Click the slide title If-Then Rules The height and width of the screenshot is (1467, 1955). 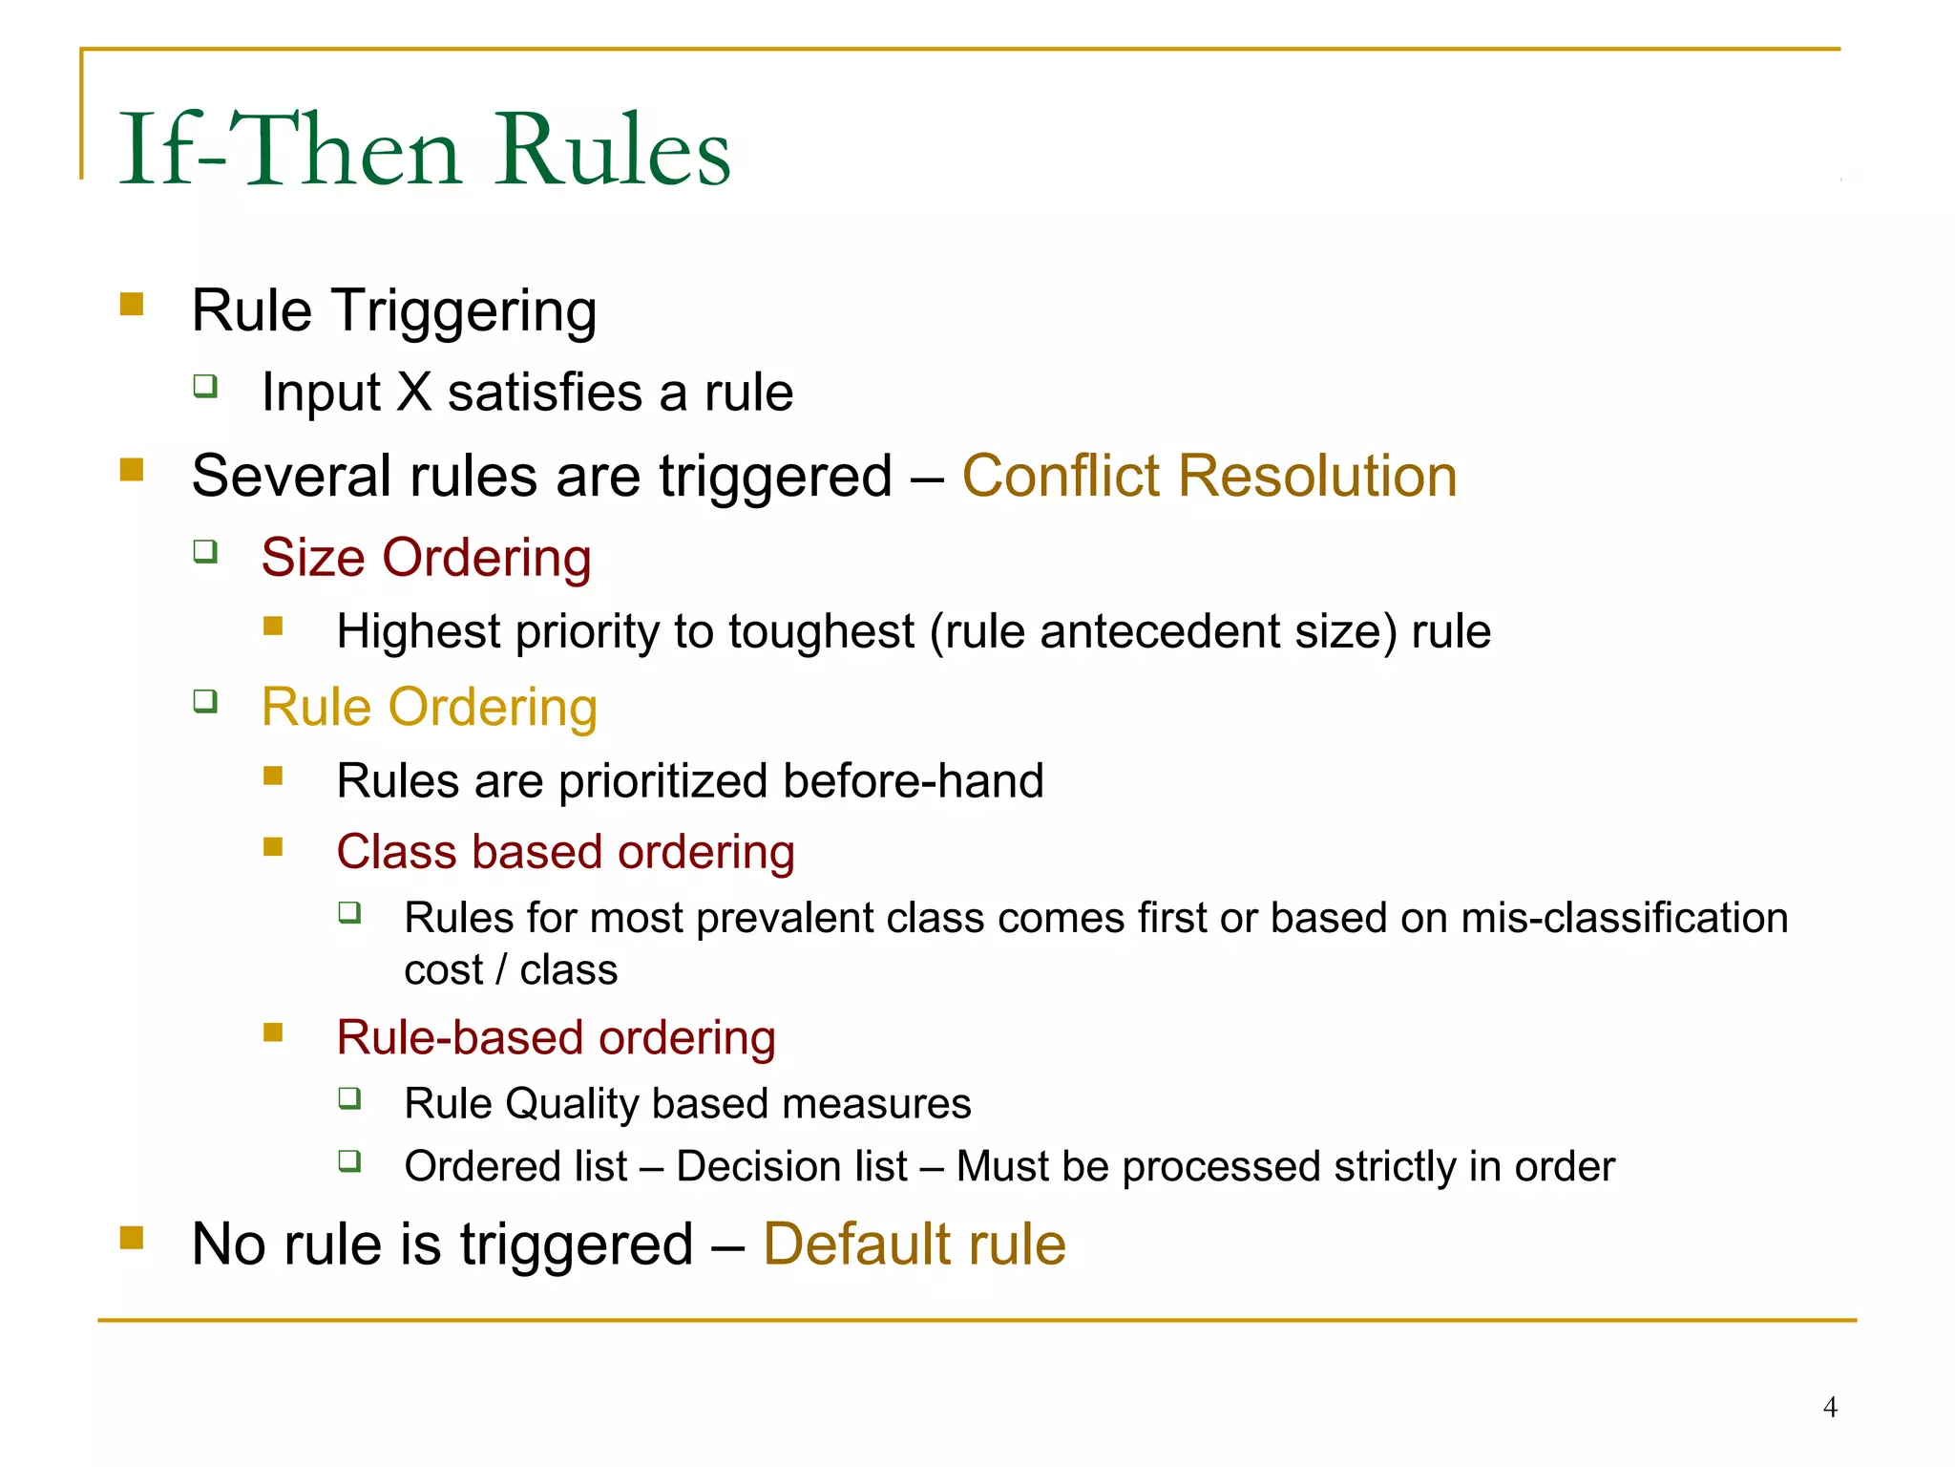coord(424,151)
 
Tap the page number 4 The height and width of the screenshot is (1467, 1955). coord(1829,1407)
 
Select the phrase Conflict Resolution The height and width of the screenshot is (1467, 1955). coord(1209,476)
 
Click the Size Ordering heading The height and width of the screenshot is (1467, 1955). coord(426,558)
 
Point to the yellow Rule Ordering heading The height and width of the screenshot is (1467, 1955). coord(430,708)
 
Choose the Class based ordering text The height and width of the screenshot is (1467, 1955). coord(565,852)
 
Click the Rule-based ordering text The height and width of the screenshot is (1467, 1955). coord(556,1038)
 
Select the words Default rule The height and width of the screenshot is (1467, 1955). coord(914,1244)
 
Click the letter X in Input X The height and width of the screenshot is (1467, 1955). coord(414,393)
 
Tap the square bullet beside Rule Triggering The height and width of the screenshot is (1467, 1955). coord(132,305)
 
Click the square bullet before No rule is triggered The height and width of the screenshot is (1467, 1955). coord(132,1239)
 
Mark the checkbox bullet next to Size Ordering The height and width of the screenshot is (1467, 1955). coord(205,551)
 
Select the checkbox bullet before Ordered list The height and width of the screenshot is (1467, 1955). coord(349,1161)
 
